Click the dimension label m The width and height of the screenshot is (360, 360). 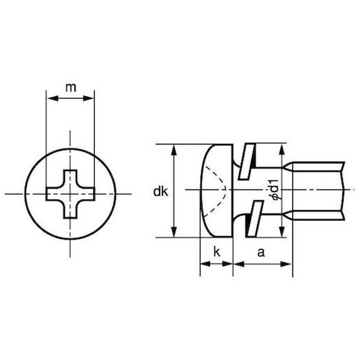click(71, 88)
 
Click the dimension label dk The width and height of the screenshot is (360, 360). click(161, 192)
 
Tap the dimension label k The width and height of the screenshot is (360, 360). click(217, 252)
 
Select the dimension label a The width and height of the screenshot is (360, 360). click(261, 253)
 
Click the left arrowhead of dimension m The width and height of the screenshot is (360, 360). click(53, 99)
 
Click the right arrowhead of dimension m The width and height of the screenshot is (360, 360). click(89, 99)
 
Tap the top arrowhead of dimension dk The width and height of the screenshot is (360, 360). click(174, 150)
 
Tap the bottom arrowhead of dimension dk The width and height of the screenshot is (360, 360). click(174, 231)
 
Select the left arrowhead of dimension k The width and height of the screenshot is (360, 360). click(206, 264)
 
